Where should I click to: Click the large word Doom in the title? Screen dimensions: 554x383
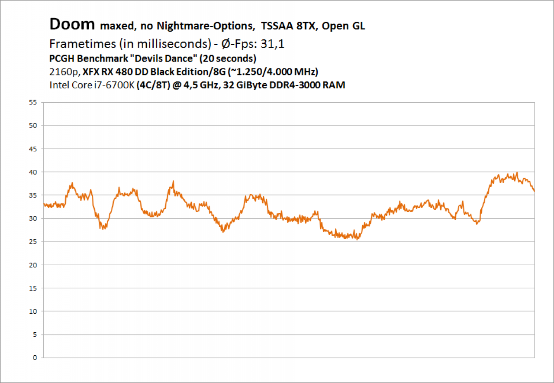pyautogui.click(x=72, y=24)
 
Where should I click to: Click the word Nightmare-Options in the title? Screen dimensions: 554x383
pyautogui.click(x=206, y=26)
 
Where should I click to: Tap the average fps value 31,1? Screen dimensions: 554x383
pyautogui.click(x=272, y=44)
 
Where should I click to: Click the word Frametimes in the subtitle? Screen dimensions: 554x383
pyautogui.click(x=83, y=44)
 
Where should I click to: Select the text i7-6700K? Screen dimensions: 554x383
pyautogui.click(x=114, y=85)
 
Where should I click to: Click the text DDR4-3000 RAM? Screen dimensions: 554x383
pyautogui.click(x=307, y=85)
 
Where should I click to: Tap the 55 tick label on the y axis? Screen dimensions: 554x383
pyautogui.click(x=33, y=102)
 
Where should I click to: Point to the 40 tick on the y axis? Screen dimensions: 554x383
pyautogui.click(x=33, y=172)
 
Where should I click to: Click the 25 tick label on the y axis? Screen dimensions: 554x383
pyautogui.click(x=33, y=242)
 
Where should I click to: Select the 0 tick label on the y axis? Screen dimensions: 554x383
pyautogui.click(x=35, y=358)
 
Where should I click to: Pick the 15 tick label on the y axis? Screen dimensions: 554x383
pyautogui.click(x=33, y=288)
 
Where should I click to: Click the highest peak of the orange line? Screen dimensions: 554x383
pyautogui.click(x=517, y=172)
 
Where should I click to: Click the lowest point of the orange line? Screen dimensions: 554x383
pyautogui.click(x=357, y=240)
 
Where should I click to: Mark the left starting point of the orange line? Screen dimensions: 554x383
pyautogui.click(x=44, y=204)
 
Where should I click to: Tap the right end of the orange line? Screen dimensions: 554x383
pyautogui.click(x=535, y=191)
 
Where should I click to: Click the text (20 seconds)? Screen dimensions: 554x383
pyautogui.click(x=228, y=58)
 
